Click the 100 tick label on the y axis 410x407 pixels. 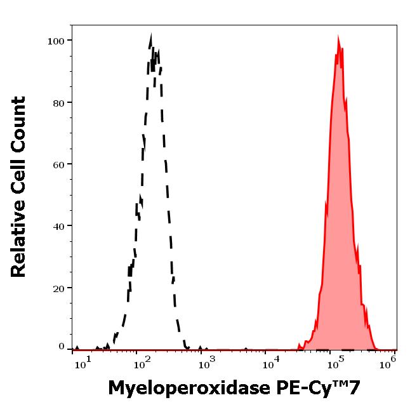[56, 41]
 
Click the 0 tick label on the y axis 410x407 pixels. [62, 347]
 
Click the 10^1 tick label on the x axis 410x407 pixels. [84, 363]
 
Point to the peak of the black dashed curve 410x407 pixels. [150, 35]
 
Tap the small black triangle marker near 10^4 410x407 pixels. [246, 349]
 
